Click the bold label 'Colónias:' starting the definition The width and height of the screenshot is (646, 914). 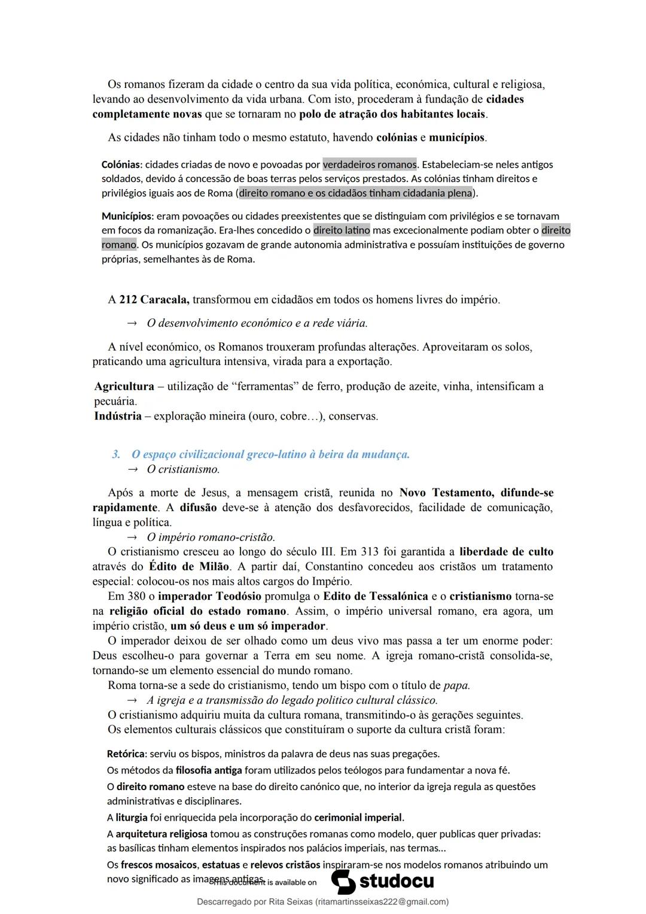pos(122,165)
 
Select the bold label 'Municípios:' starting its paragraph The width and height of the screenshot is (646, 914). pos(127,216)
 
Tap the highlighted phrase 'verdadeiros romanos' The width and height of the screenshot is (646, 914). pos(370,165)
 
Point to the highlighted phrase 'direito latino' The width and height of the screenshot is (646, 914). pos(342,230)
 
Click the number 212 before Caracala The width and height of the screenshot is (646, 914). pos(128,300)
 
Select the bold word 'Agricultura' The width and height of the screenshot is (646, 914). pos(124,387)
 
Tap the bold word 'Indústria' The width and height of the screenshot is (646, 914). pos(118,416)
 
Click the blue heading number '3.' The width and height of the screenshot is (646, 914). pos(116,455)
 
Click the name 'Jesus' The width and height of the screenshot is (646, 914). pos(214,493)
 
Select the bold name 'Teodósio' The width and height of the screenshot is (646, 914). pos(238,597)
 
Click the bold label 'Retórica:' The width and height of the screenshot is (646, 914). pos(127,754)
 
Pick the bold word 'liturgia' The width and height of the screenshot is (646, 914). pos(131,818)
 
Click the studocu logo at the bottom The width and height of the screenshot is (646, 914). pos(383,882)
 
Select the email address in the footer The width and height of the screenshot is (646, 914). pos(382,902)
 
